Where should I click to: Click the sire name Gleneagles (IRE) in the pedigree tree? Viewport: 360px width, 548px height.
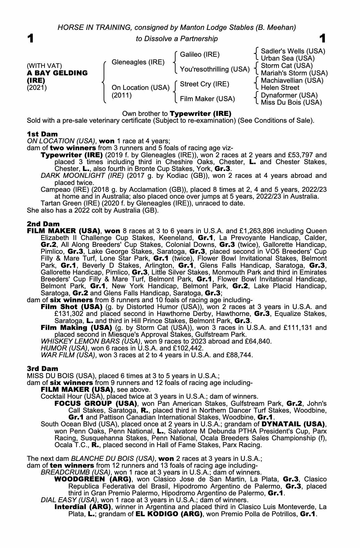tap(138, 62)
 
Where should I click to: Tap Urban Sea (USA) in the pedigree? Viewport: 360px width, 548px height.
tap(288, 58)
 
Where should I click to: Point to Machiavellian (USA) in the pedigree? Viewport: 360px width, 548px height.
tap(292, 81)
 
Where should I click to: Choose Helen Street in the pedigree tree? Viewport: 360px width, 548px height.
tap(280, 88)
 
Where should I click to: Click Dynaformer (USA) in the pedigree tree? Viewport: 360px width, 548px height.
tap(289, 95)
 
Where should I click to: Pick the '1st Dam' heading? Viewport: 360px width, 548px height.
tap(42, 134)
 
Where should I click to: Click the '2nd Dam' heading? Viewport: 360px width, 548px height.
tap(43, 224)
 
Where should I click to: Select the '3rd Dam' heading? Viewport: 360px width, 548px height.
tap(43, 369)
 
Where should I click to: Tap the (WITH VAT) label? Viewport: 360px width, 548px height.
tap(44, 66)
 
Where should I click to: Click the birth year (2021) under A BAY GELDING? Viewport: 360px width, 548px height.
tap(37, 88)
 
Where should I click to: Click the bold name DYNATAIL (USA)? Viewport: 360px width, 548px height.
tap(293, 424)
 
